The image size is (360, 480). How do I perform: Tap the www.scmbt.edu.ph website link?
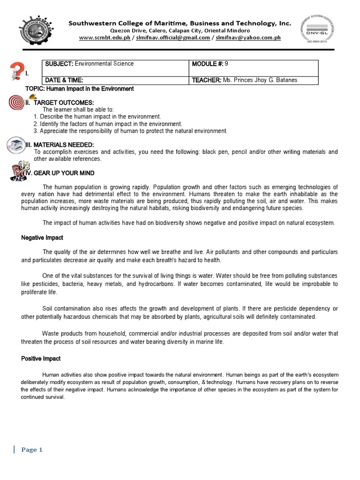(x=104, y=38)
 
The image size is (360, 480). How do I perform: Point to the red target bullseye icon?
(x=16, y=103)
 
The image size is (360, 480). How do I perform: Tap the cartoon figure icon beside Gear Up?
(x=17, y=171)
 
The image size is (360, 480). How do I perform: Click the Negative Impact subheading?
(x=42, y=238)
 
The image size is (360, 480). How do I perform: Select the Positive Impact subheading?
(x=41, y=359)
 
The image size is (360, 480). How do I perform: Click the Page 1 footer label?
(x=32, y=450)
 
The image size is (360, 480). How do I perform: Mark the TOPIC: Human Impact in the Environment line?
(x=79, y=89)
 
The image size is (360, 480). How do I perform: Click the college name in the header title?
(x=180, y=23)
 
